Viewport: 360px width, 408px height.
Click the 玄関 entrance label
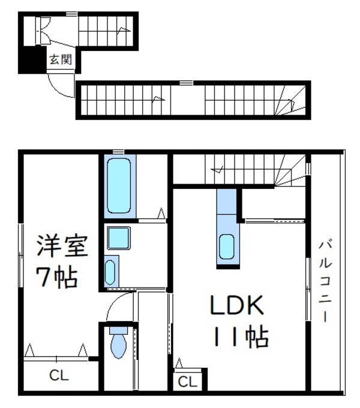click(x=60, y=59)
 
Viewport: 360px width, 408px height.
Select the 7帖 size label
click(x=58, y=277)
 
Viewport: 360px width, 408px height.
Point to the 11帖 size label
click(x=239, y=338)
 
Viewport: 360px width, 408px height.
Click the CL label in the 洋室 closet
click(x=59, y=376)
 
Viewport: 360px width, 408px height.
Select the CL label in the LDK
click(x=187, y=381)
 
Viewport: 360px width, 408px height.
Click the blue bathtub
click(x=119, y=186)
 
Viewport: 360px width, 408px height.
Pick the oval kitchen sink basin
click(x=227, y=247)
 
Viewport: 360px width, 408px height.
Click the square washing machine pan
click(x=119, y=239)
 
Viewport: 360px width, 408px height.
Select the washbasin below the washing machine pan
click(x=111, y=271)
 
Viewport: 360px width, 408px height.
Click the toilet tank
click(x=118, y=331)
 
